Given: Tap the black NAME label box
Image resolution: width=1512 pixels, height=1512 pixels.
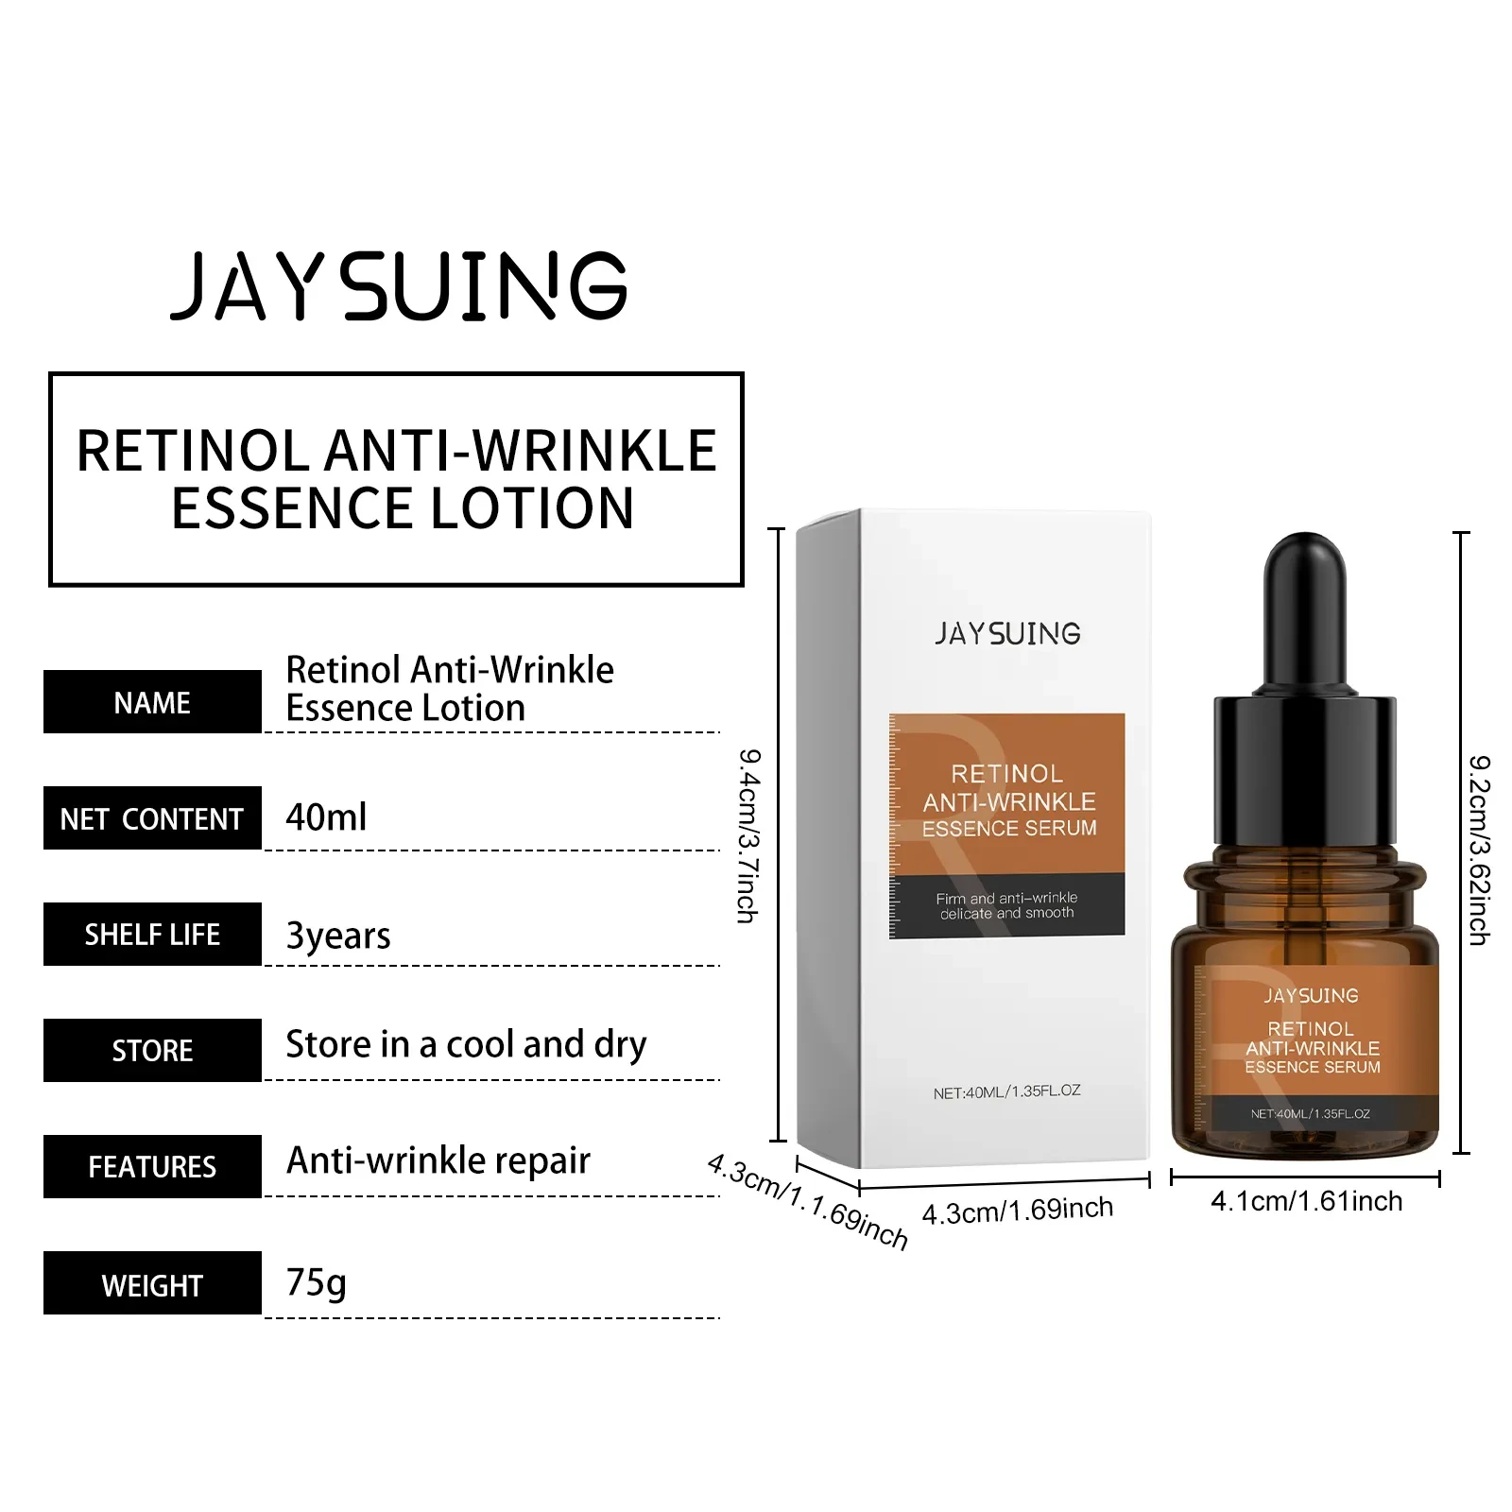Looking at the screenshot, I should point(152,702).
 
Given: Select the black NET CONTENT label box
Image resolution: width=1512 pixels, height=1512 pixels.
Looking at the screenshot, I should point(152,818).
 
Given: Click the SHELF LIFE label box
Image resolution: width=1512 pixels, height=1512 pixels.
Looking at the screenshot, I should point(152,935).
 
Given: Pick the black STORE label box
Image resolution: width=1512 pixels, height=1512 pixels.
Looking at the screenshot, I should point(152,1050).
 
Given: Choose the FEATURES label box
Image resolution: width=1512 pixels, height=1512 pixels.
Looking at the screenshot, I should point(152,1166).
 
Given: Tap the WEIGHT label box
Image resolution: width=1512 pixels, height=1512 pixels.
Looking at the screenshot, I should point(152,1283).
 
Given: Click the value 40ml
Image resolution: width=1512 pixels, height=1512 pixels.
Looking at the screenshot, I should point(326,817).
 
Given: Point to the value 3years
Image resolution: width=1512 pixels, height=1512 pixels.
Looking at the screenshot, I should point(337,936).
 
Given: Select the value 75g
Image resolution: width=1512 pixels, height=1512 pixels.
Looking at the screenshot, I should point(316,1282).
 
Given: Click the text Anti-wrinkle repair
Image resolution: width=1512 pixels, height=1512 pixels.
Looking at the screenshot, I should point(438,1160).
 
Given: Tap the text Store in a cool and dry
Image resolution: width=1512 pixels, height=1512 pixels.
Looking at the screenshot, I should point(466,1044).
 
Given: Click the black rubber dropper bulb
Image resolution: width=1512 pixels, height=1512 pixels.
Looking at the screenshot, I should point(1304,610).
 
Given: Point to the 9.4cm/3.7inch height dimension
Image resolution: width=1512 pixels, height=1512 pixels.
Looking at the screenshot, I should point(748,835).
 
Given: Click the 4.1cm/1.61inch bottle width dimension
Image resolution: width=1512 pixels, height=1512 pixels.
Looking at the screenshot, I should point(1306,1201).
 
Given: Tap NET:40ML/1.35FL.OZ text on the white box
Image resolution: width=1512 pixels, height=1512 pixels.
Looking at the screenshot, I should point(1006,1091).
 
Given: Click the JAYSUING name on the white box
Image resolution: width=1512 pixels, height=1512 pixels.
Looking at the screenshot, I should point(1007,633).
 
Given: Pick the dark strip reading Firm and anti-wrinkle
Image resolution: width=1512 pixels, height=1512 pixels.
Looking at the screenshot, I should point(1006,905).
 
